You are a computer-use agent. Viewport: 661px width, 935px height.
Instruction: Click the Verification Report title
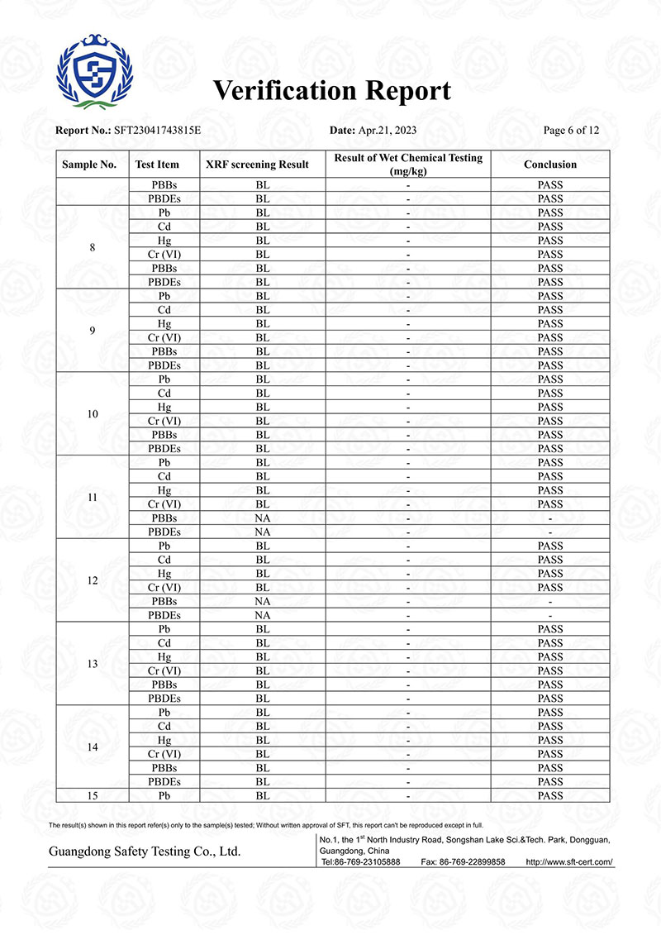point(332,90)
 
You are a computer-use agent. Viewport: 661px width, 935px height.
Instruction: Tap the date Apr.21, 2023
point(388,131)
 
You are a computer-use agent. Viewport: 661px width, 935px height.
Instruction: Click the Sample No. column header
point(89,165)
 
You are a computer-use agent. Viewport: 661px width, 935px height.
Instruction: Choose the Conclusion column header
point(549,165)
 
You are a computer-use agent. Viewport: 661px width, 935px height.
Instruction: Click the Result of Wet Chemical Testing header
point(408,164)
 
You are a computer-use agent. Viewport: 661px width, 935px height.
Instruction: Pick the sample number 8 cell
point(92,247)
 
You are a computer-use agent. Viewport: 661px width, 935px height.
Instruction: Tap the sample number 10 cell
point(92,413)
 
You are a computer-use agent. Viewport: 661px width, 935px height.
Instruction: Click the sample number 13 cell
point(92,664)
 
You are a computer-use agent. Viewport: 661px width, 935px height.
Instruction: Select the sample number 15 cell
point(92,795)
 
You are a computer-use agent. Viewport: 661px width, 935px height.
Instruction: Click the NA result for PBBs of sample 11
point(263,518)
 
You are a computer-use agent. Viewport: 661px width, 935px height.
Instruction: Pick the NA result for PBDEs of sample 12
point(263,615)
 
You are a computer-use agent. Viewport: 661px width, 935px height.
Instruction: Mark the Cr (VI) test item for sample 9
point(164,337)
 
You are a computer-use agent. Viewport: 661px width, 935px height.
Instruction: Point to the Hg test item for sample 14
point(164,740)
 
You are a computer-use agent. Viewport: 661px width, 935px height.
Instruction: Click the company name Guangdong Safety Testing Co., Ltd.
point(145,852)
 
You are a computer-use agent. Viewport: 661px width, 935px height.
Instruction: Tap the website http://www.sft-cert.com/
point(569,861)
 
